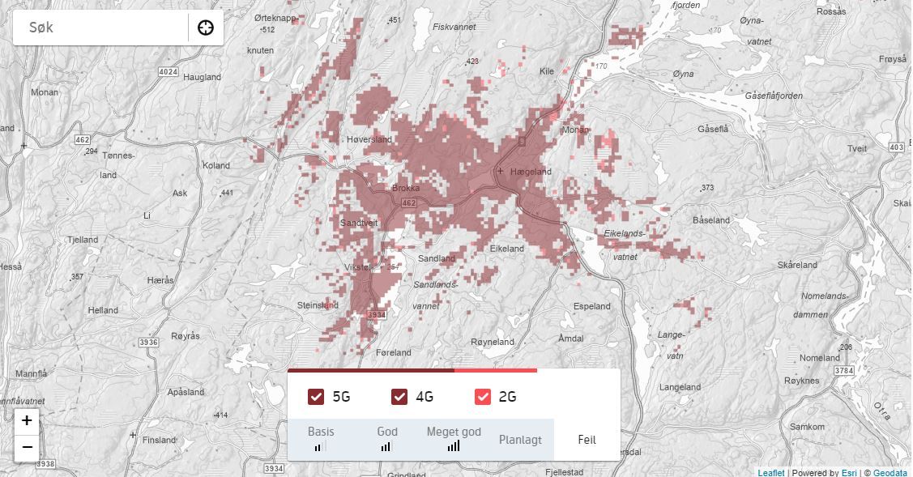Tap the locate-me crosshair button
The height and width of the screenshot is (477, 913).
click(x=206, y=28)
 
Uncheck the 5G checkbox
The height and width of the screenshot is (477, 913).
click(x=316, y=397)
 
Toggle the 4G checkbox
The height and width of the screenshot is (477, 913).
click(x=399, y=397)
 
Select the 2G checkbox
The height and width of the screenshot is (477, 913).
click(x=483, y=397)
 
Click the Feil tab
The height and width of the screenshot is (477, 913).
click(x=587, y=440)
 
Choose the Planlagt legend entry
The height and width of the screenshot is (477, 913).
click(x=520, y=440)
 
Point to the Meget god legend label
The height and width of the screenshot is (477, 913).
click(x=454, y=432)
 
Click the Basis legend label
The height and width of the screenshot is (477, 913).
click(x=321, y=432)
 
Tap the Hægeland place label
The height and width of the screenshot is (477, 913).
click(x=531, y=172)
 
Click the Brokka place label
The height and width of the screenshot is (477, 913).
click(x=406, y=188)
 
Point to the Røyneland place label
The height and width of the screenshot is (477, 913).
click(x=493, y=342)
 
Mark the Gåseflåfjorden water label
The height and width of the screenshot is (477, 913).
click(x=773, y=96)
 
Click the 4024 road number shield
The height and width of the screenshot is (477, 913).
click(x=169, y=72)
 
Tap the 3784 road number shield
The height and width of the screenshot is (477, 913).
click(x=844, y=371)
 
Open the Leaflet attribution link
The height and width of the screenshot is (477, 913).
click(x=770, y=473)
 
